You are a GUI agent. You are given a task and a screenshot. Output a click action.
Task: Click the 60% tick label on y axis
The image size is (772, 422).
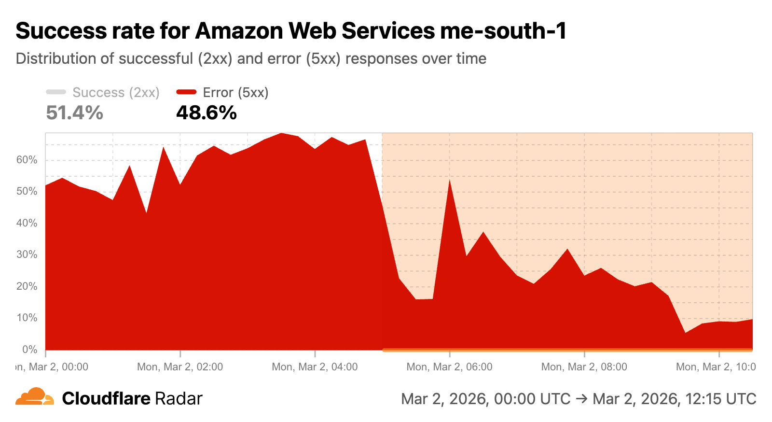27,160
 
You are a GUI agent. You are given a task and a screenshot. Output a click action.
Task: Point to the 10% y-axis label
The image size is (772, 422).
27,318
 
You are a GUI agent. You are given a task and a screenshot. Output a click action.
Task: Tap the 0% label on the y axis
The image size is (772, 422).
29,349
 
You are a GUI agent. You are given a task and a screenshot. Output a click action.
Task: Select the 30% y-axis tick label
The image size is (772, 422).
27,254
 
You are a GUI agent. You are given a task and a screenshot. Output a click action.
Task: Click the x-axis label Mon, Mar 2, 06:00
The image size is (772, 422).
449,367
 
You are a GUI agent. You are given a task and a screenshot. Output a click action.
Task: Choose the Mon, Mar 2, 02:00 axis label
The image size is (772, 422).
180,367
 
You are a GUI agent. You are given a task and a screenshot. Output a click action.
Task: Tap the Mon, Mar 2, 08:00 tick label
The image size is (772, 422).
584,367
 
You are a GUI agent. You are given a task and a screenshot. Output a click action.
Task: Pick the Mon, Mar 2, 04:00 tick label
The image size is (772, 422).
315,367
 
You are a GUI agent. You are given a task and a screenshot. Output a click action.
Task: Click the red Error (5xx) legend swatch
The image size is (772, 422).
186,92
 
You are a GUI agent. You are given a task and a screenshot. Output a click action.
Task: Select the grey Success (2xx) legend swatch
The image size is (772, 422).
56,92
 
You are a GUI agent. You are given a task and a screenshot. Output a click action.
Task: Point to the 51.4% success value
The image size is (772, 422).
75,113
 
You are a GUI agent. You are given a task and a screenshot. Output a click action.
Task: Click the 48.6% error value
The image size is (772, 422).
207,113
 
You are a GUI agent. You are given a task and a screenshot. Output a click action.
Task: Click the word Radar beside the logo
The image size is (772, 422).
179,399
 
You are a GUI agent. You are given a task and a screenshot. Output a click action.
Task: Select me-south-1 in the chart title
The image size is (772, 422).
503,31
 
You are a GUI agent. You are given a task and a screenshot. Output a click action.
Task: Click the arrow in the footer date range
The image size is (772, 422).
581,399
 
